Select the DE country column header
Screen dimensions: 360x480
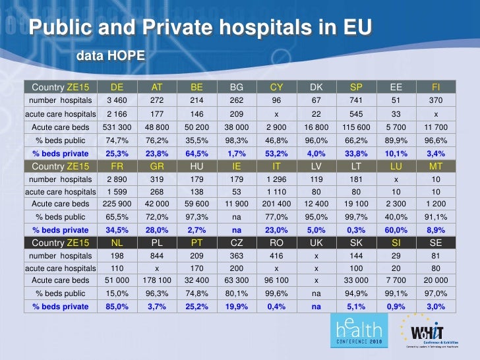[117, 87]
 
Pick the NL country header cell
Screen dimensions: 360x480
[117, 243]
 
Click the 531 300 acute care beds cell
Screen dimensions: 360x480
[117, 126]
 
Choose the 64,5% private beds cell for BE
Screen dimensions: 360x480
[196, 152]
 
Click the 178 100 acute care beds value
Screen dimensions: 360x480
[157, 282]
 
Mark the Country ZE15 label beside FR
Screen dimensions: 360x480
[60, 165]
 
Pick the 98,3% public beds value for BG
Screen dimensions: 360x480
[236, 139]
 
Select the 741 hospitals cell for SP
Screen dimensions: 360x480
[356, 100]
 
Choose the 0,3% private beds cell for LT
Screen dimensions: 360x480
[356, 230]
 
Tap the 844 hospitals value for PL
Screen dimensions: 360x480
[157, 256]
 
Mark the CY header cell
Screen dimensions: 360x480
[276, 87]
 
